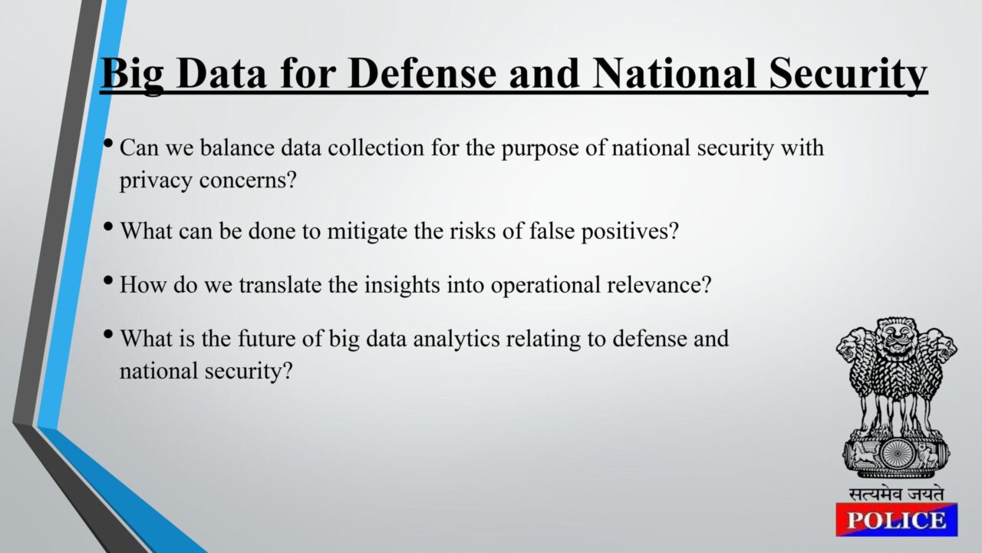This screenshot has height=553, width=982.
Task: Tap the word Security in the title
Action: [849, 75]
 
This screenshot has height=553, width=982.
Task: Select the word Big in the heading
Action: [132, 75]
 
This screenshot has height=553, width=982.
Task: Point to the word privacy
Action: [156, 180]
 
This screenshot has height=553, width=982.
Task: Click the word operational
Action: [545, 286]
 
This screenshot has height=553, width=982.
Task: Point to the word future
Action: [266, 339]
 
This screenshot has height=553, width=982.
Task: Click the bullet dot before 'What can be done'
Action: [108, 227]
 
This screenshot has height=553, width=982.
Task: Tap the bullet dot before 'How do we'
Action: [108, 280]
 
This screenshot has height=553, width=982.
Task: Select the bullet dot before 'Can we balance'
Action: [108, 143]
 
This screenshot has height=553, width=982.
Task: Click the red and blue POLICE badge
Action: [897, 520]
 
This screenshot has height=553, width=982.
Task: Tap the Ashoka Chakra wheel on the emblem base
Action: [896, 454]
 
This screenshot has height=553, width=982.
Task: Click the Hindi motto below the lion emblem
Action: [896, 494]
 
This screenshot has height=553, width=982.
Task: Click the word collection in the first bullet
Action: [376, 147]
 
